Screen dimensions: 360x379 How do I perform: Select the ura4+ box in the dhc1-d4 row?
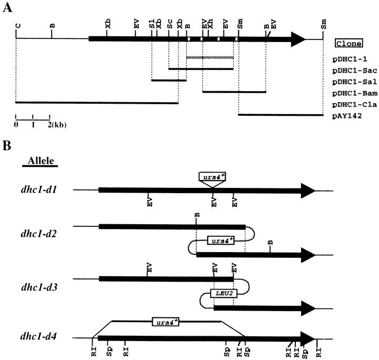click(166, 321)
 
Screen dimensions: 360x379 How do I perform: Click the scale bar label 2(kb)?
click(56, 125)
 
